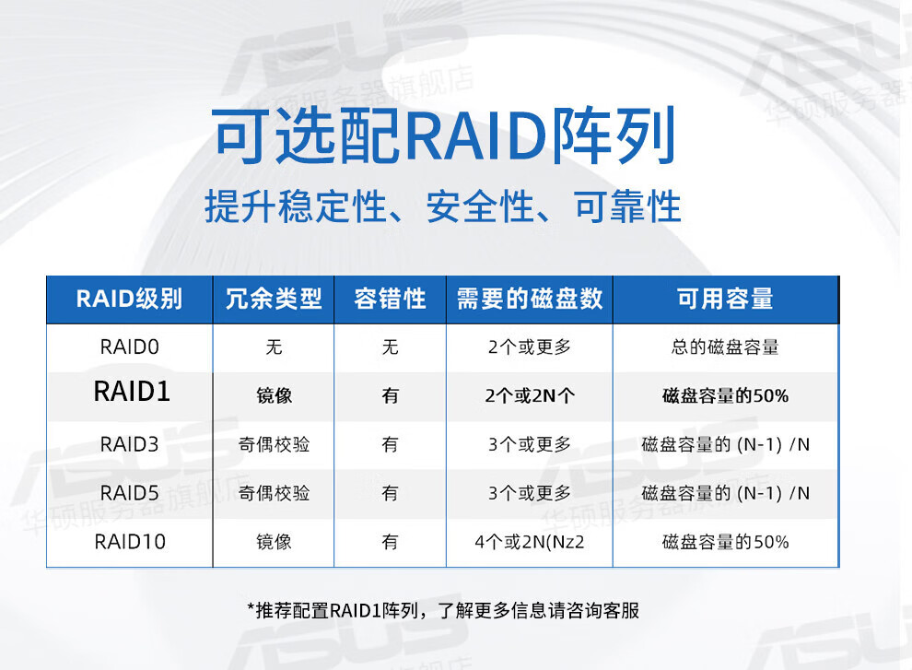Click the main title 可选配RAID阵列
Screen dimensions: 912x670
pos(444,135)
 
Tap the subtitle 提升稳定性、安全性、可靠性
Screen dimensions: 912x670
pos(442,206)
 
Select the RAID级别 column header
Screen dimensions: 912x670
pos(129,300)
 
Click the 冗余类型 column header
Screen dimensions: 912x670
pos(274,300)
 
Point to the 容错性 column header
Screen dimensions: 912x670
pos(390,300)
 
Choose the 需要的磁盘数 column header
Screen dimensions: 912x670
pos(530,300)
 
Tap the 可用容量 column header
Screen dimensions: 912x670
pos(725,300)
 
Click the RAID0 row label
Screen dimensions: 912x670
pos(129,347)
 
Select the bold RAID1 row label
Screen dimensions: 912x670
pos(132,391)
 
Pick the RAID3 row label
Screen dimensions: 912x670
pos(129,445)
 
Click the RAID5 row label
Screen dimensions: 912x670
pos(129,494)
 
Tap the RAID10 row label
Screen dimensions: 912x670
pos(130,543)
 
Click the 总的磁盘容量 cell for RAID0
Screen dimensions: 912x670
pos(725,347)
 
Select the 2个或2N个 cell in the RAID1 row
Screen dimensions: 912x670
pos(530,396)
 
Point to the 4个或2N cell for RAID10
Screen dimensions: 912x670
pos(530,543)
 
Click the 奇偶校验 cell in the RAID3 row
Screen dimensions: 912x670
pos(274,445)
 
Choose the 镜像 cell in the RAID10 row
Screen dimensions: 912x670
pos(274,543)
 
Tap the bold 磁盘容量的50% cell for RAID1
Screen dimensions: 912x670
pos(725,396)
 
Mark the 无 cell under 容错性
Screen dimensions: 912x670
pos(390,347)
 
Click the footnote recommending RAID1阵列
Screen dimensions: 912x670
pos(443,611)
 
